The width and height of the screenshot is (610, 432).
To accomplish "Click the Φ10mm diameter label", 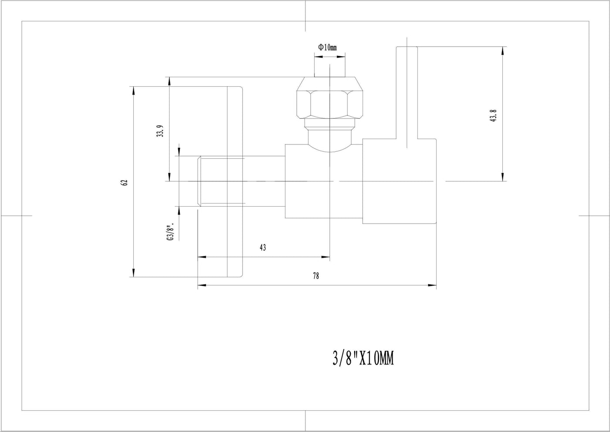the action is point(327,48).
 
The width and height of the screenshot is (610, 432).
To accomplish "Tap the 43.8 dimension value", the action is point(493,116).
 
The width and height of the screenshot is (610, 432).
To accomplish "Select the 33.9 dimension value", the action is point(160,131).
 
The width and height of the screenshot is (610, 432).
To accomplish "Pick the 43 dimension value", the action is point(262,247).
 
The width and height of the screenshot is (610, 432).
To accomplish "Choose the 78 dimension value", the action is point(315,276).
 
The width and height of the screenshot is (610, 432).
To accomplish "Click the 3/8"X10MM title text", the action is point(363,358).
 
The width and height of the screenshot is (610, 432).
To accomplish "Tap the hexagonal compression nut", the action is point(329,98).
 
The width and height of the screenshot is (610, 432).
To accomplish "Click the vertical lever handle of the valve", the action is point(407,92).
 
